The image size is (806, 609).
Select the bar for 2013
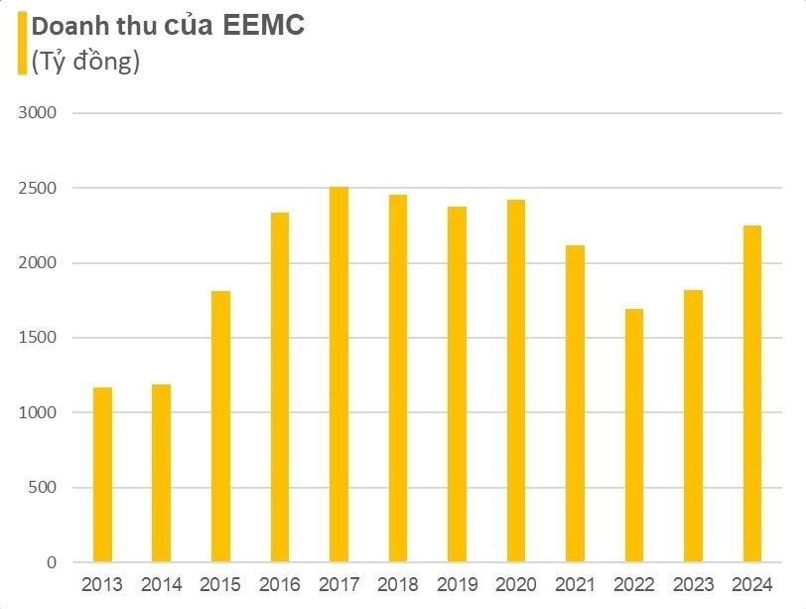click(x=102, y=475)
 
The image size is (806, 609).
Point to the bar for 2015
click(x=220, y=426)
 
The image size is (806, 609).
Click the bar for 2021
click(x=575, y=403)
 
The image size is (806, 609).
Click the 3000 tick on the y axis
click(x=38, y=113)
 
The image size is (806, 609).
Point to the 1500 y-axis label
click(x=38, y=338)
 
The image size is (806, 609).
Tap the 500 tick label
click(x=43, y=488)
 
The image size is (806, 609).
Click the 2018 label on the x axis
click(x=397, y=585)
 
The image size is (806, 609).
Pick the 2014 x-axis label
click(x=161, y=585)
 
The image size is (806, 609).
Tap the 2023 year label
click(x=692, y=585)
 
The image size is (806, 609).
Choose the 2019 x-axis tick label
click(x=457, y=585)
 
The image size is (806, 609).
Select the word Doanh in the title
click(x=67, y=27)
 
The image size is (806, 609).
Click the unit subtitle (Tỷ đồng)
click(x=85, y=63)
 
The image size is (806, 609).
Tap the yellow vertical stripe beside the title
click(x=21, y=45)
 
